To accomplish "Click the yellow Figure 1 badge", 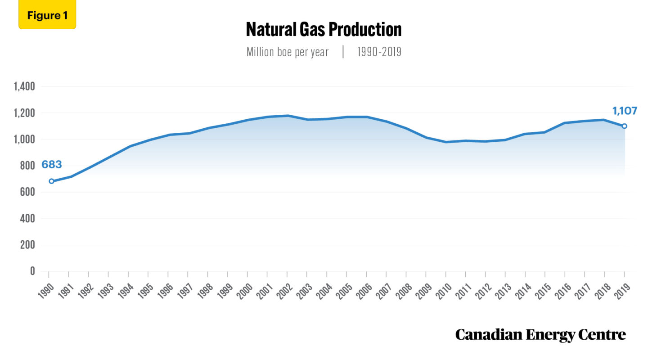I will click(47, 15).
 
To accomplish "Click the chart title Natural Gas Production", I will click(324, 30).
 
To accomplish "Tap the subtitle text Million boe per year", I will click(288, 52).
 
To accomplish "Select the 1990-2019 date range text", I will click(379, 52).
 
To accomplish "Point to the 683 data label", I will click(51, 165).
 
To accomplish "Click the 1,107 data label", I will click(625, 111).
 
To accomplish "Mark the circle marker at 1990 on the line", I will click(51, 181).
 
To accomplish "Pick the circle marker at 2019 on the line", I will click(624, 126).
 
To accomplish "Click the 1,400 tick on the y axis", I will click(25, 87).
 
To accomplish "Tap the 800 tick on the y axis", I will click(27, 166).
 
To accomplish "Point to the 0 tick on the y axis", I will click(32, 271).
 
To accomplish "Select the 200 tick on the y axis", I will click(27, 245).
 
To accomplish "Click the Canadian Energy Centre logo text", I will click(540, 335).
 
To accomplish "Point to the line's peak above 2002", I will click(288, 116).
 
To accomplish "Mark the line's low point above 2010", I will click(446, 142).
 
